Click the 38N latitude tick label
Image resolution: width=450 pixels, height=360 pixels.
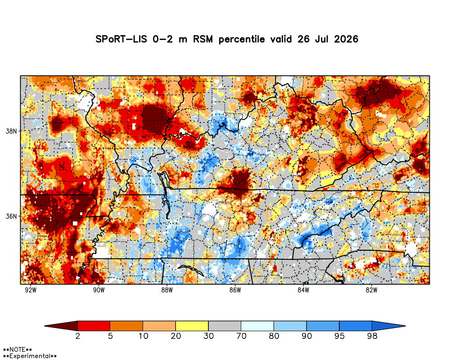(11, 131)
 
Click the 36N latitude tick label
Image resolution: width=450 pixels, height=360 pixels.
(11, 216)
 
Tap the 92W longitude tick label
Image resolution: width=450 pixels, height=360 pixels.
(31, 290)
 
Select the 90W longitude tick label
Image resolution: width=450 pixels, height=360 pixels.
(99, 290)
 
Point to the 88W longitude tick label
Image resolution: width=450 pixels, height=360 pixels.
(167, 290)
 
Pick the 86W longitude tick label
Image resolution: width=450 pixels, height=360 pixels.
(235, 290)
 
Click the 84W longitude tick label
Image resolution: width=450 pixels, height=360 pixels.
(303, 290)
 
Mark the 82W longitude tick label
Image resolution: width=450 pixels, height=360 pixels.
(371, 290)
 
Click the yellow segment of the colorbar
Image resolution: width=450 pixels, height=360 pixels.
(192, 326)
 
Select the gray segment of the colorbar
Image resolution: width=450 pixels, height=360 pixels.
(225, 326)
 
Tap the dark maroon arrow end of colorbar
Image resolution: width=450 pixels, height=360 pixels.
(61, 326)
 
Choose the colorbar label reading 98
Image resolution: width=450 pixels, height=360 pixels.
(372, 336)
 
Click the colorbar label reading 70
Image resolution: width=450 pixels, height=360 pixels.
(241, 336)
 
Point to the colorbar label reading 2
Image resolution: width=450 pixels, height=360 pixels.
(77, 336)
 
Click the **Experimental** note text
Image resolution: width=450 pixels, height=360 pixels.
(30, 356)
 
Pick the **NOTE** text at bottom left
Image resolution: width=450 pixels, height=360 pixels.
(17, 350)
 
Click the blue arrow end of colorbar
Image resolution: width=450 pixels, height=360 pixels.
(389, 326)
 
